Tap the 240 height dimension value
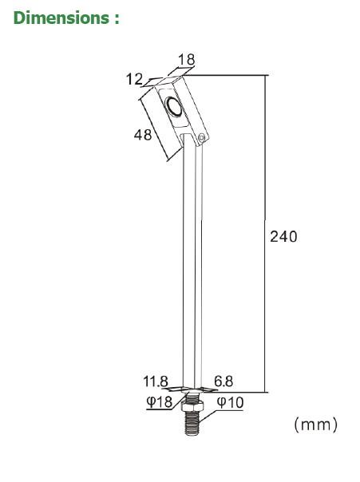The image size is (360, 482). [283, 237]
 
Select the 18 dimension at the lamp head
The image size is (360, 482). [186, 59]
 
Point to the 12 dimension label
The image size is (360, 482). [133, 78]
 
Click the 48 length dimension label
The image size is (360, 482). [142, 135]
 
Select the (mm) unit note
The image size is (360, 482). [316, 425]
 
